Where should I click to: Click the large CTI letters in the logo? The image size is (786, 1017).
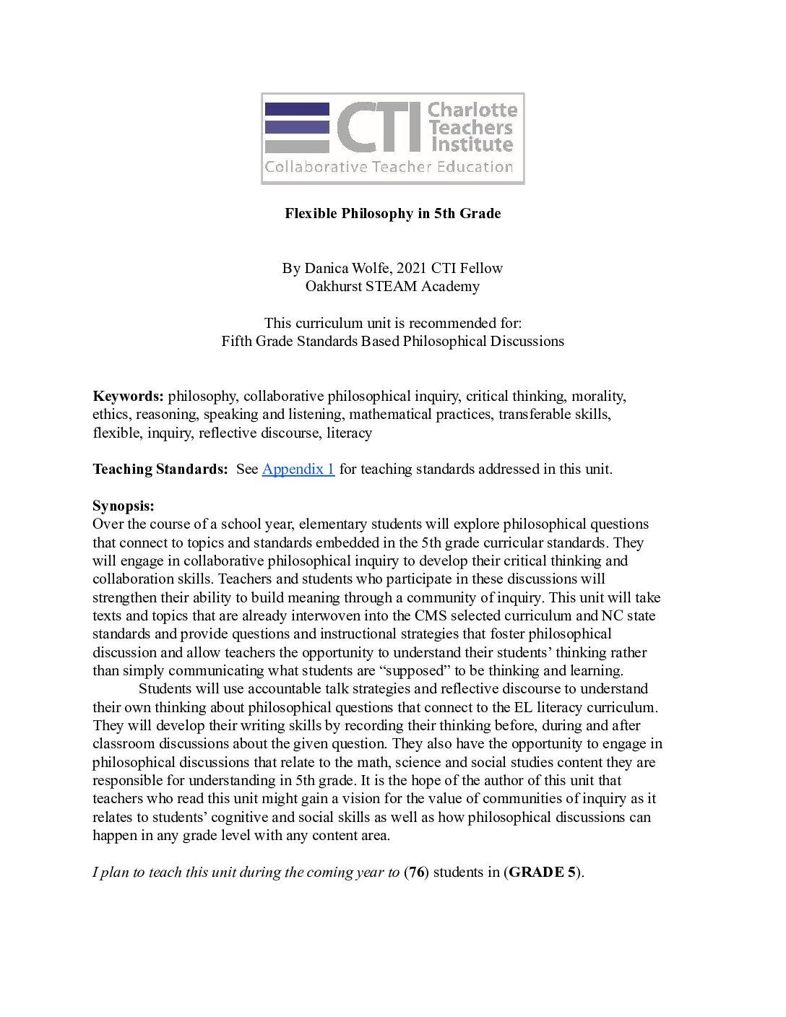tap(379, 127)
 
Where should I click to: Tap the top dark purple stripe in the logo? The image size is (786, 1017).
tap(297, 109)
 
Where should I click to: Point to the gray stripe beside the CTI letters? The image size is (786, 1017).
tap(297, 146)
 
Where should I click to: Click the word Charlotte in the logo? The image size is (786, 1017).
tap(472, 110)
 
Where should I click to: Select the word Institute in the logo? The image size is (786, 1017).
tap(472, 144)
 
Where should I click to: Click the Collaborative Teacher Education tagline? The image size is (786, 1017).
tap(389, 168)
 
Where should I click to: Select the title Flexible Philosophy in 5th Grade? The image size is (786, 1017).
tap(392, 213)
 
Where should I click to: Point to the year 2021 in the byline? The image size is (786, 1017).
tap(412, 268)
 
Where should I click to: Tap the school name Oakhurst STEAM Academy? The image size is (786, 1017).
tap(392, 286)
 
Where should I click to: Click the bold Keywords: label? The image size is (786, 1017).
tap(128, 396)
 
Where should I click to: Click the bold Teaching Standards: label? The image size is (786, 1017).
tap(160, 469)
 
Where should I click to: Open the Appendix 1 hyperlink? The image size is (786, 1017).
tap(298, 469)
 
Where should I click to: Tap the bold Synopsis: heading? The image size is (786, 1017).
tap(123, 506)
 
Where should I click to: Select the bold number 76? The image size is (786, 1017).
tap(416, 872)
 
